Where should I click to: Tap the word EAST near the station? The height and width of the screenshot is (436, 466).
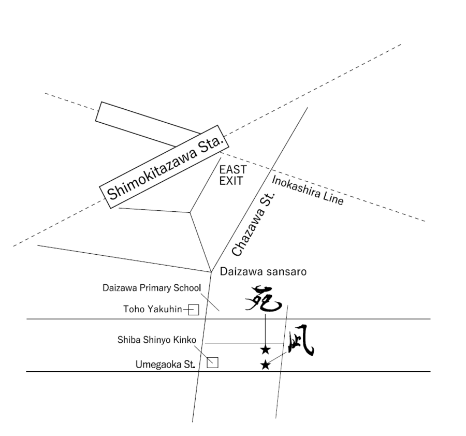point(232,170)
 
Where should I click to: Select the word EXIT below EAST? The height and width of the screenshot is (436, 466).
point(231,181)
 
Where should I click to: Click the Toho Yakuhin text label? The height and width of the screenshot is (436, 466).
point(153,310)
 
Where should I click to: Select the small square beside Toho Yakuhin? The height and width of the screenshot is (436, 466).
point(194,310)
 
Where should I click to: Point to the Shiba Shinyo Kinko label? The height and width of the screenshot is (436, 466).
point(157,340)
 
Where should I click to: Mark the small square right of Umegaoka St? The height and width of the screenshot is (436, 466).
point(212,362)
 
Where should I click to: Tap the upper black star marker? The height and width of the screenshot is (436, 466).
point(266,350)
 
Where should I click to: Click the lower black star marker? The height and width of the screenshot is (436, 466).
point(265,365)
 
